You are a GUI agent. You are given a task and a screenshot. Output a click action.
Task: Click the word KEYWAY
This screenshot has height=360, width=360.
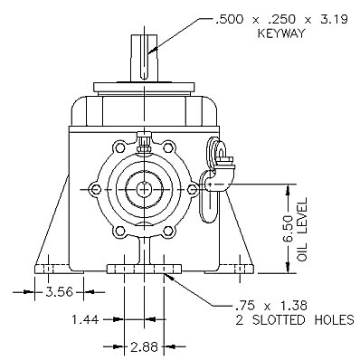coord(281,33)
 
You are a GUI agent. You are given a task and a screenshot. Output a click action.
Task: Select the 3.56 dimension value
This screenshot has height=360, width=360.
coord(59,292)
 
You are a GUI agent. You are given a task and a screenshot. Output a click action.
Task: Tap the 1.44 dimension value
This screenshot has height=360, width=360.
coord(85,319)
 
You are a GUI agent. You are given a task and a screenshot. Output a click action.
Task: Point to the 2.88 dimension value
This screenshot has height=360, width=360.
coord(144,346)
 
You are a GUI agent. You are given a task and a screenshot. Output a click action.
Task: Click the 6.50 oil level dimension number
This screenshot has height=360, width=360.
coord(288,229)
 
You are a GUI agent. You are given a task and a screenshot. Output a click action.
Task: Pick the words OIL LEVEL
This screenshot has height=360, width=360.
coord(302,229)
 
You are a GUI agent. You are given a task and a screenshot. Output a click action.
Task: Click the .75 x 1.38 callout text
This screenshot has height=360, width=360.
coord(270,306)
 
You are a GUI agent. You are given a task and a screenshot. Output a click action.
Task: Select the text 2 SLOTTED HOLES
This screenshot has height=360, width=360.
coord(295,320)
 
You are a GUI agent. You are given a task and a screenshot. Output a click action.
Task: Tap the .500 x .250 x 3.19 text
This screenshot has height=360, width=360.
coord(280,19)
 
